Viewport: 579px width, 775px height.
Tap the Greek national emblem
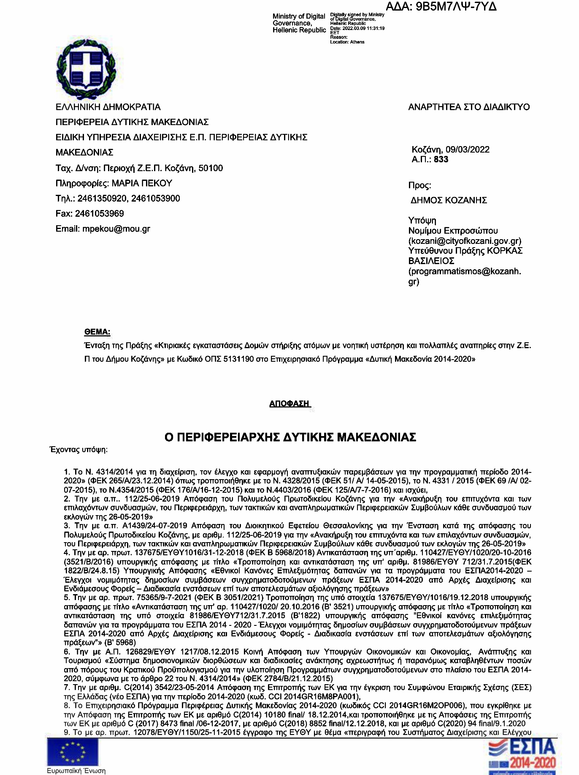pyautogui.click(x=86, y=69)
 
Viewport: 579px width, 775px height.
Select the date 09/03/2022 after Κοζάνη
pyautogui.click(x=468, y=150)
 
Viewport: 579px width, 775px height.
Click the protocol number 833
pyautogui.click(x=441, y=159)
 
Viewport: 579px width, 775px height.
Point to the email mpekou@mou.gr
pyautogui.click(x=116, y=229)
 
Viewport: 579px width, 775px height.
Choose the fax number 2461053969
pyautogui.click(x=100, y=214)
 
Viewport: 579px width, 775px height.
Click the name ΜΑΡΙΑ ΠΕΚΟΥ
pyautogui.click(x=142, y=183)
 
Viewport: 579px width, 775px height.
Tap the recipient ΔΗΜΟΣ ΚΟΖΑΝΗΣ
pyautogui.click(x=449, y=200)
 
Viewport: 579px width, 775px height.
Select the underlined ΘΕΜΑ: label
pyautogui.click(x=97, y=332)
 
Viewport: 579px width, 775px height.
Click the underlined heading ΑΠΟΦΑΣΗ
pyautogui.click(x=289, y=404)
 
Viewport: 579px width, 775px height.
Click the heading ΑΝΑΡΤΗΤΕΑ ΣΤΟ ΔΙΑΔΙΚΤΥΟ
pyautogui.click(x=469, y=107)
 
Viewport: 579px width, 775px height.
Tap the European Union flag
pyautogui.click(x=73, y=752)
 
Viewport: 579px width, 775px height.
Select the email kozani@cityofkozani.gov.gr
pyautogui.click(x=465, y=241)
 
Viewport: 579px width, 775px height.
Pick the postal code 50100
pyautogui.click(x=211, y=168)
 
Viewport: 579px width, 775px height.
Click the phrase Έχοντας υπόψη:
pyautogui.click(x=79, y=450)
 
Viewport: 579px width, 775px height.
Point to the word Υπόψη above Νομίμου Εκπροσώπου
pyautogui.click(x=422, y=221)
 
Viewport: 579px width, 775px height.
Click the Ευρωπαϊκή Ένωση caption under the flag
pyautogui.click(x=76, y=771)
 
